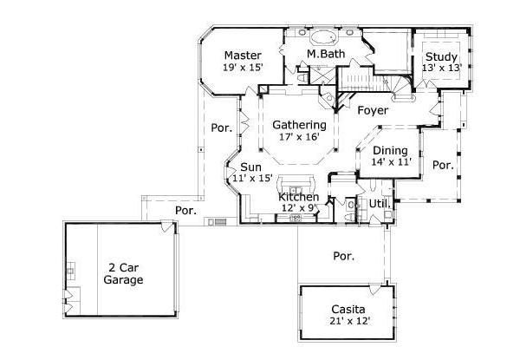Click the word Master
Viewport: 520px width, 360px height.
(243, 54)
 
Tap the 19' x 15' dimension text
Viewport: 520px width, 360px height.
(243, 67)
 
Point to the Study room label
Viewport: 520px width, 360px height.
(440, 56)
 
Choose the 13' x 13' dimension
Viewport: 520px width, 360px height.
(440, 68)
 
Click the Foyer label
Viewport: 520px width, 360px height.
(372, 111)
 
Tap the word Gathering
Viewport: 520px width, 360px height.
(293, 124)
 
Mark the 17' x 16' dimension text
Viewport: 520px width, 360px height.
(293, 136)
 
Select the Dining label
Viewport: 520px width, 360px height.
(390, 150)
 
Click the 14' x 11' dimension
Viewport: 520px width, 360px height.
(390, 162)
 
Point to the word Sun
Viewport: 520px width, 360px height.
(251, 167)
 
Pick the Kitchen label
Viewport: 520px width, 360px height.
(299, 197)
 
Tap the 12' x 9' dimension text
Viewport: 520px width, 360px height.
(299, 208)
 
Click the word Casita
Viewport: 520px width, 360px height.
(348, 309)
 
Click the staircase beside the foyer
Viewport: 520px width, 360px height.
(357, 85)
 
